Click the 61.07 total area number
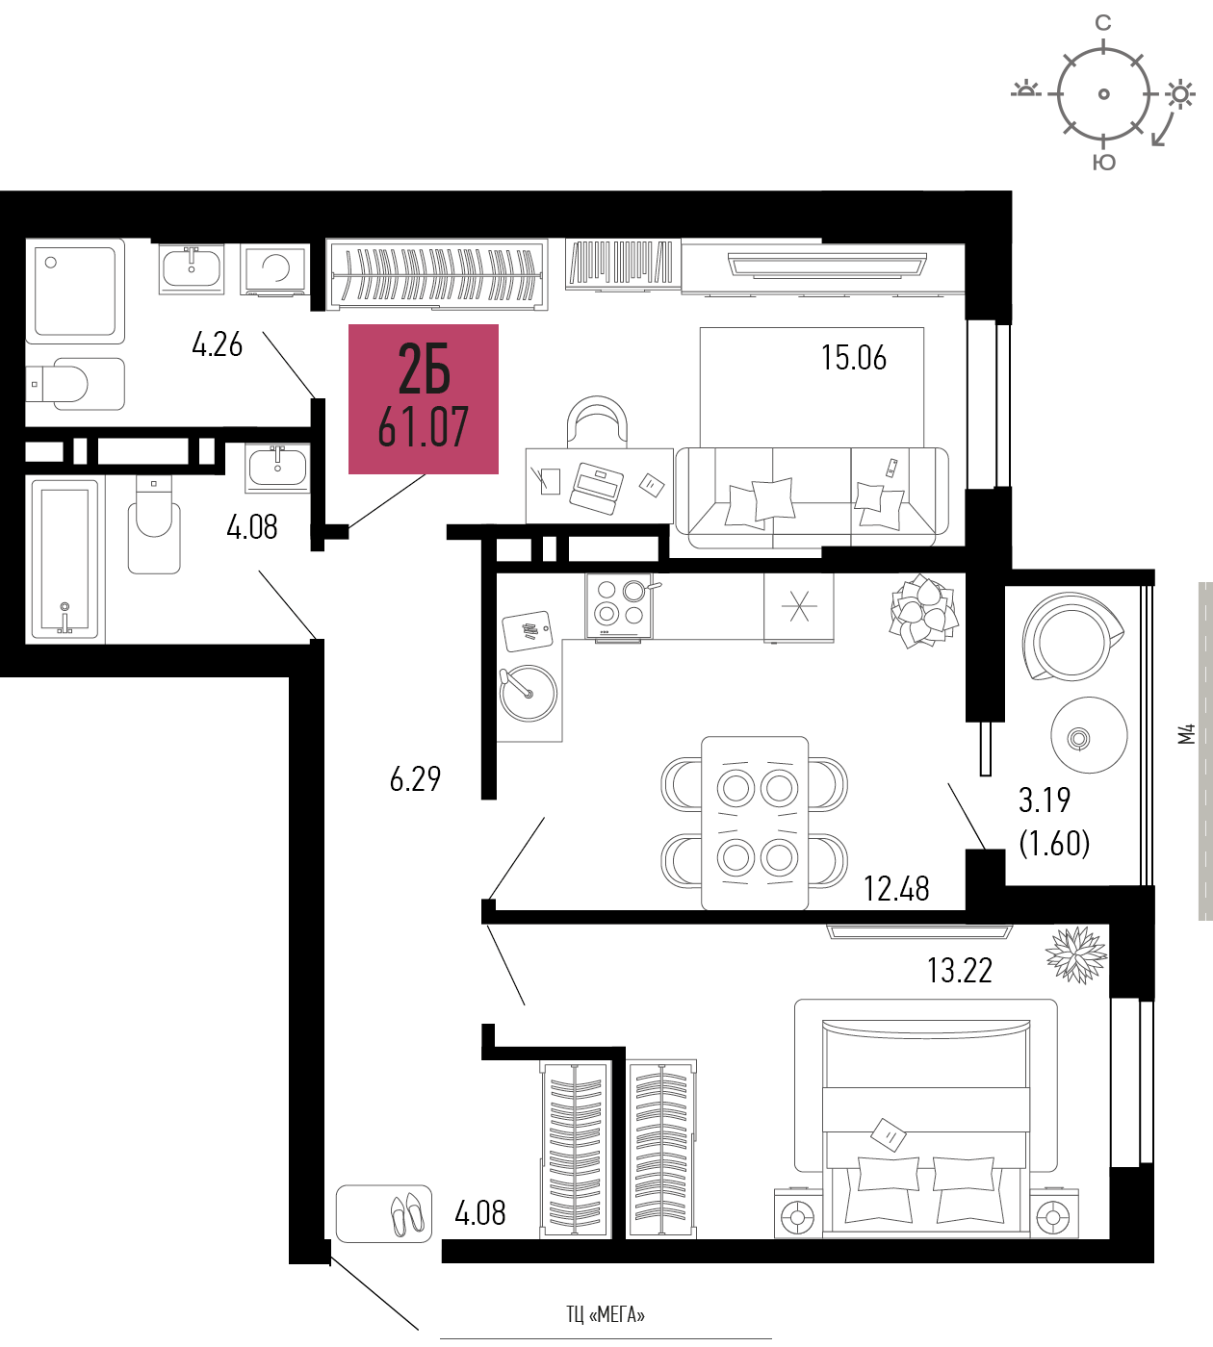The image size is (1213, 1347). click(423, 427)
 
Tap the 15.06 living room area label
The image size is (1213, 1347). click(854, 357)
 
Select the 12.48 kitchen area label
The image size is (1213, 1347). click(896, 889)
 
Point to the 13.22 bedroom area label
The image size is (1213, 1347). click(960, 970)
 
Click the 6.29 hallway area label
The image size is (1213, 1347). click(415, 779)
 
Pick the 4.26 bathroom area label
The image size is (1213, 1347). click(217, 344)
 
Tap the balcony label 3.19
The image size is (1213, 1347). click(1045, 800)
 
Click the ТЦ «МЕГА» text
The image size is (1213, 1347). click(606, 1314)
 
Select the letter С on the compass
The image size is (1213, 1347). click(1103, 23)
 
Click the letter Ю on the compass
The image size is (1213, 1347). click(1104, 162)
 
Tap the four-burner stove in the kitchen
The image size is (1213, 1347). click(619, 605)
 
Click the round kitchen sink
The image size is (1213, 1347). click(529, 693)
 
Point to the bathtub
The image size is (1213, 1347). click(65, 559)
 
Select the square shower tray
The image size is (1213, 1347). click(75, 291)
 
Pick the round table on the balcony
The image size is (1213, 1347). click(1089, 735)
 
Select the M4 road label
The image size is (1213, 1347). click(1186, 734)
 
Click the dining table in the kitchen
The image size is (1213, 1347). click(755, 823)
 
